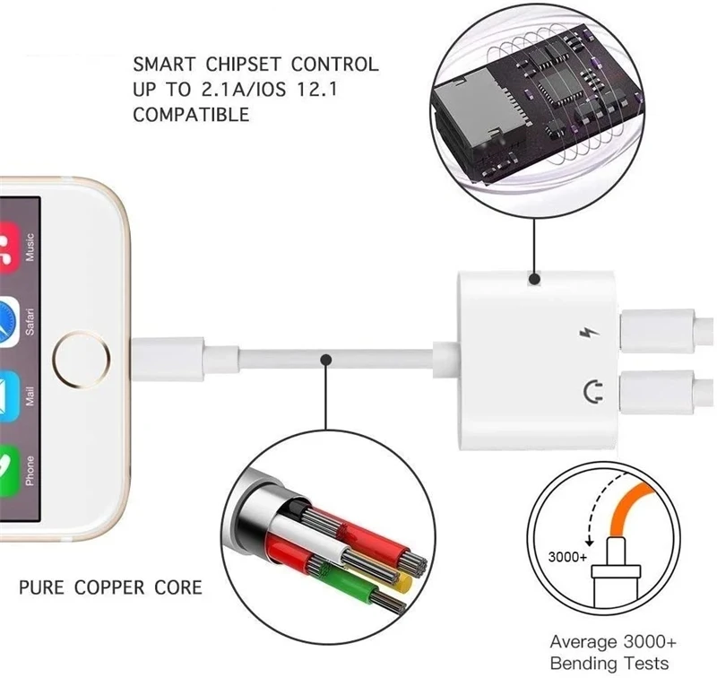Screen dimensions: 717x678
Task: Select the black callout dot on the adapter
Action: tap(534, 280)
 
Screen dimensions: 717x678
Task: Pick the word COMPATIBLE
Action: tap(191, 116)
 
